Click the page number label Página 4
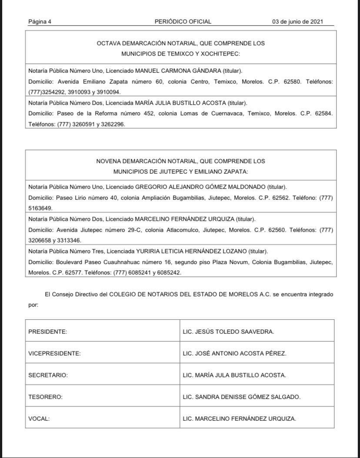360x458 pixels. tap(40, 22)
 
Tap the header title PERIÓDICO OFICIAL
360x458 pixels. tap(183, 22)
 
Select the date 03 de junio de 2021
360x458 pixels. tap(297, 22)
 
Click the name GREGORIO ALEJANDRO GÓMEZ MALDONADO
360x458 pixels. tap(200, 187)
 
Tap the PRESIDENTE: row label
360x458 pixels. tap(47, 331)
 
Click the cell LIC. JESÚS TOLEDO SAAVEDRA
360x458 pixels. tap(228, 331)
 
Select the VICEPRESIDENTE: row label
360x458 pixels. tap(54, 353)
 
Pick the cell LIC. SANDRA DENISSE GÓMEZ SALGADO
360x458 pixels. tap(241, 397)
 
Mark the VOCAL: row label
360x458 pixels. tap(39, 418)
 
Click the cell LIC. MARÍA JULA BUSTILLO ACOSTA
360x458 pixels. tap(234, 375)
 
